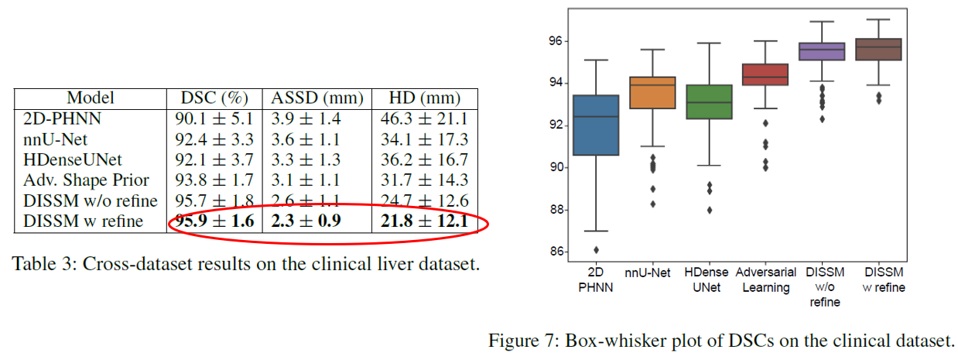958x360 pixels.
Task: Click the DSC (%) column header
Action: click(x=214, y=98)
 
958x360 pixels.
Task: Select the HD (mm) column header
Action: click(x=425, y=98)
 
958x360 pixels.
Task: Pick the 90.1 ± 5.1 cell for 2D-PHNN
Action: click(x=214, y=119)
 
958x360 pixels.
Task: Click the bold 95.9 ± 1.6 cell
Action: click(x=214, y=222)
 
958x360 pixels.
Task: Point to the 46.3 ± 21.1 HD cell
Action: click(x=425, y=119)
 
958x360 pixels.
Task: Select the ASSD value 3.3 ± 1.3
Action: click(x=316, y=160)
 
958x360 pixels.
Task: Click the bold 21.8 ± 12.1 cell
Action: click(x=425, y=222)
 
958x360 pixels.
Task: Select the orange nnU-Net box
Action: click(x=653, y=92)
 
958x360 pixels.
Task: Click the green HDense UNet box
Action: click(x=709, y=101)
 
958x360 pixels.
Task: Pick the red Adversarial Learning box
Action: click(x=765, y=74)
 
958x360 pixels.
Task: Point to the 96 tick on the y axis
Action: click(x=556, y=41)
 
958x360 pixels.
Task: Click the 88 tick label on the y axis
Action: click(x=556, y=210)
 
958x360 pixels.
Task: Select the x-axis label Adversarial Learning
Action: click(x=765, y=280)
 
